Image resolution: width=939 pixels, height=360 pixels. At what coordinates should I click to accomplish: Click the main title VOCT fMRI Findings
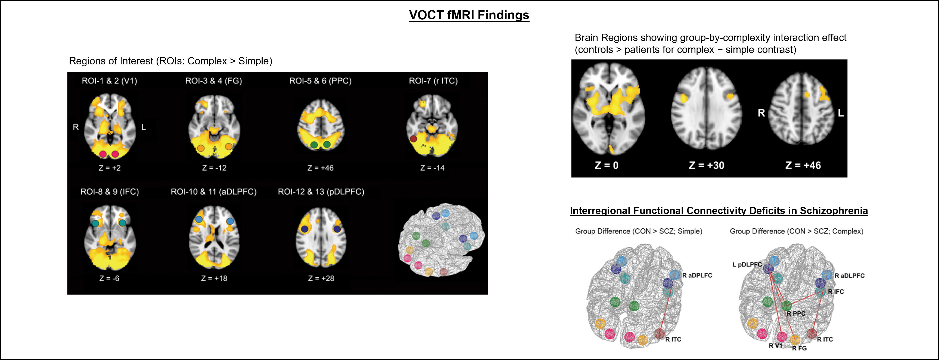[x=469, y=15]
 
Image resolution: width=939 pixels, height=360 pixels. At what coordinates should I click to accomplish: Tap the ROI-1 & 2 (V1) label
[x=109, y=81]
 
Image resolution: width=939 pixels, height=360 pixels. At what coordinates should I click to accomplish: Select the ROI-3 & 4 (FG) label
[x=214, y=81]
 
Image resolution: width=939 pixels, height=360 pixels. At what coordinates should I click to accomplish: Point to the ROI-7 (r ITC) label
[x=433, y=81]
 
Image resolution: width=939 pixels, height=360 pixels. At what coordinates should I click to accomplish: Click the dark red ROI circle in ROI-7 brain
[x=413, y=139]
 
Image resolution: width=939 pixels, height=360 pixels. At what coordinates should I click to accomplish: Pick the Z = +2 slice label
[x=109, y=168]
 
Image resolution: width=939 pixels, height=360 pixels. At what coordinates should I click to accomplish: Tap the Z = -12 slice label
[x=214, y=168]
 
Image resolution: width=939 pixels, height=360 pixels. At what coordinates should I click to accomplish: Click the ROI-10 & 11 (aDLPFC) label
[x=214, y=192]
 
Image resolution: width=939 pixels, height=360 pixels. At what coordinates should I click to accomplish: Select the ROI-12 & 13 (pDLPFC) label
[x=321, y=192]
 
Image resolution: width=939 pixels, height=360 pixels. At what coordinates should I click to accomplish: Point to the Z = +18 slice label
[x=214, y=278]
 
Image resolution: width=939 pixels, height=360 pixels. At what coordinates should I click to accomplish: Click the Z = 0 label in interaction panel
[x=607, y=165]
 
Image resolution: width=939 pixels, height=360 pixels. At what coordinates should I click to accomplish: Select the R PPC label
[x=796, y=313]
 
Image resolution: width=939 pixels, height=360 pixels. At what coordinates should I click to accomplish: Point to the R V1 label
[x=775, y=345]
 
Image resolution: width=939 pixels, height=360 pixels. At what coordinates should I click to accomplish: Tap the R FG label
[x=799, y=348]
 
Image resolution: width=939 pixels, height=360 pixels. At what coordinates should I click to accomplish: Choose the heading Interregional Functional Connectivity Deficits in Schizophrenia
[x=719, y=211]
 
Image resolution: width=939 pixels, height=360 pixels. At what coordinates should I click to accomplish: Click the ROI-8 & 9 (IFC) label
[x=109, y=192]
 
